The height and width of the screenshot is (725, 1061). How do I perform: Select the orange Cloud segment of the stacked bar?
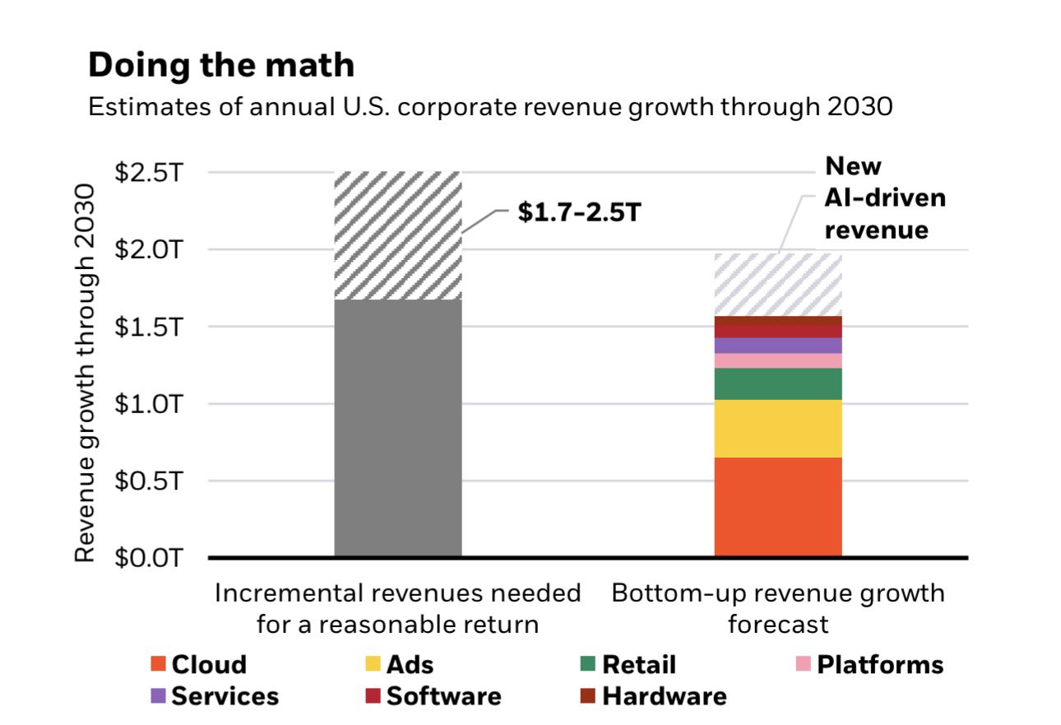tap(777, 506)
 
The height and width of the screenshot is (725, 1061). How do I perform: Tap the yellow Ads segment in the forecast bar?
tap(777, 428)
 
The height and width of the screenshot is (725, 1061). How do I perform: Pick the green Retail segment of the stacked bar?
tap(777, 383)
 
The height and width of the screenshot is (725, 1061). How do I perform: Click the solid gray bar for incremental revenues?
tap(398, 428)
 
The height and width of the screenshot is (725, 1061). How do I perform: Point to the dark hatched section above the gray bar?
tap(398, 235)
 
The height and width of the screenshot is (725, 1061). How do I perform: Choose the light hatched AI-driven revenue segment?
tap(777, 284)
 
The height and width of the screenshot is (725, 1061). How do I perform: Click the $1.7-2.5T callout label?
tap(577, 212)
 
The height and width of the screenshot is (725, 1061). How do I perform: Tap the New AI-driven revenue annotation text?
tap(884, 198)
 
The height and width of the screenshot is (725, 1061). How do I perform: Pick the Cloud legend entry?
tap(199, 665)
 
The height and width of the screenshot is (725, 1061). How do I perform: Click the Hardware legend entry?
tap(654, 696)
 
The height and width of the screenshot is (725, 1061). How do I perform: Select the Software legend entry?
tap(433, 696)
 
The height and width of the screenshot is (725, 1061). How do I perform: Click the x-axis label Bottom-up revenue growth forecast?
tap(777, 608)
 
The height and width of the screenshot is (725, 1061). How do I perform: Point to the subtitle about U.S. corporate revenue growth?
tap(489, 107)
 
